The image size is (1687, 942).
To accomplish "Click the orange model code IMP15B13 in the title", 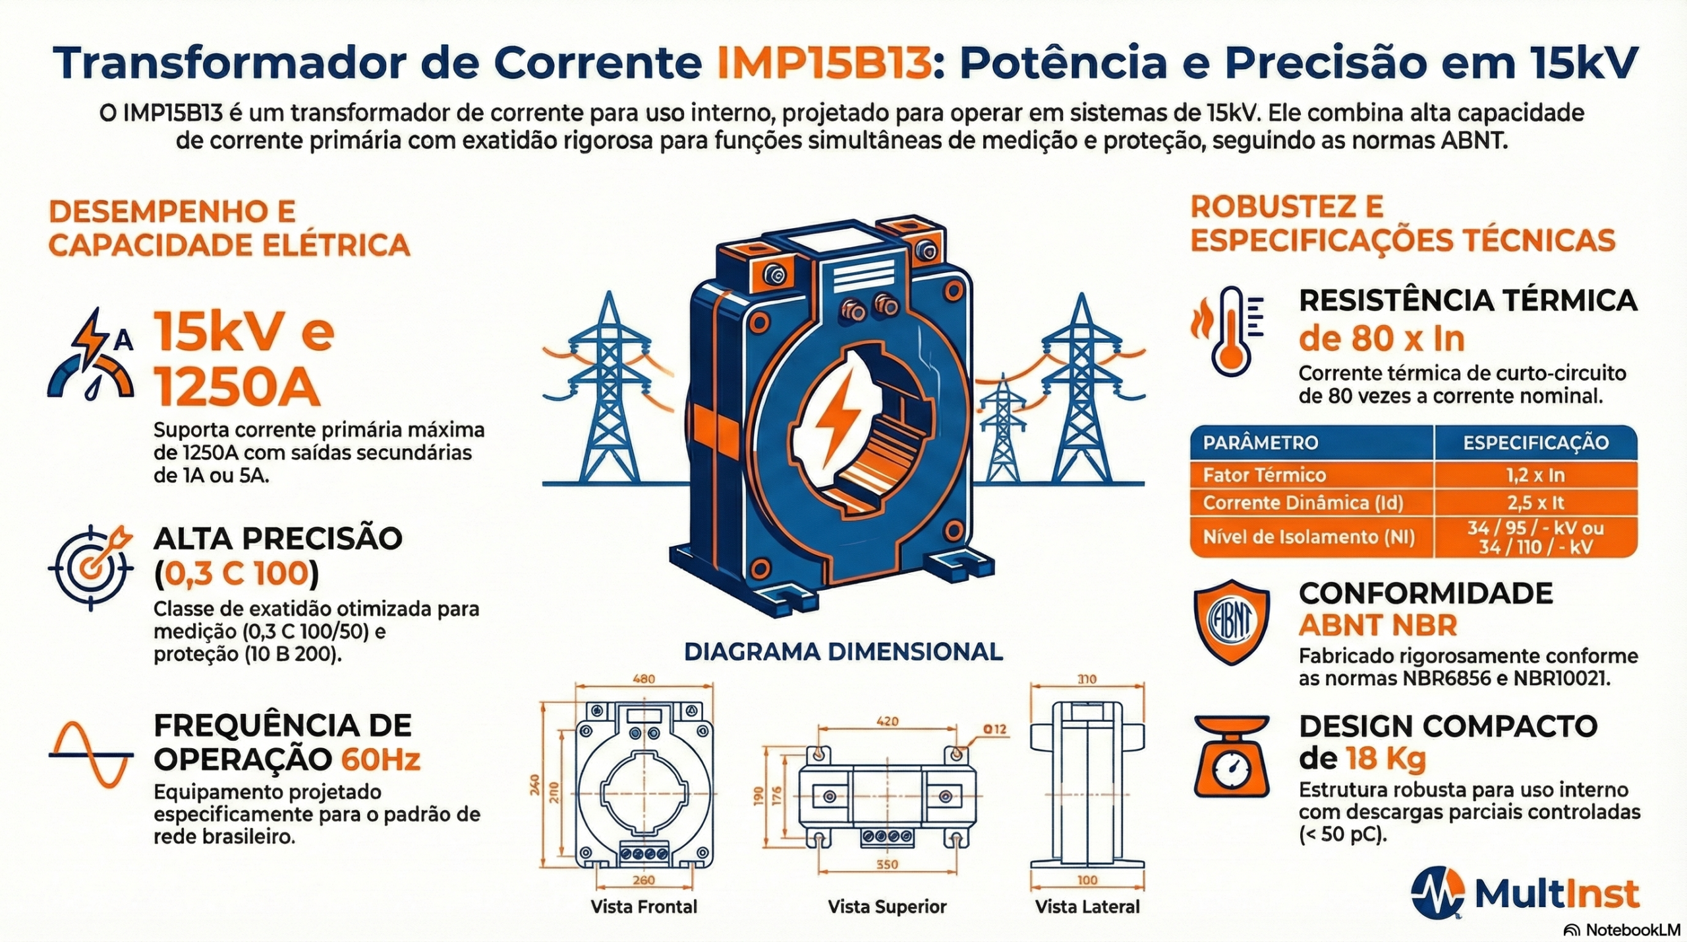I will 824,63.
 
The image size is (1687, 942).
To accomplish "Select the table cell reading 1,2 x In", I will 1535,475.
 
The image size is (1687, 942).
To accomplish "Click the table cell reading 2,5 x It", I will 1535,503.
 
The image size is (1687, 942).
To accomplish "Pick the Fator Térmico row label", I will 1264,475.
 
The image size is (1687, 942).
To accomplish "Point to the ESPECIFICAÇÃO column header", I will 1535,442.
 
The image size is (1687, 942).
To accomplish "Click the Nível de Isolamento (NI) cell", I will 1309,537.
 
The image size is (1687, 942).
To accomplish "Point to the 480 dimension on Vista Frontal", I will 643,680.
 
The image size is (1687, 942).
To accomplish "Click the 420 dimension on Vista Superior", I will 887,721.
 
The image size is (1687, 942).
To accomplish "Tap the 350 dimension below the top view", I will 887,864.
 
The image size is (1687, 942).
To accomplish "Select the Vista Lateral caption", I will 1087,906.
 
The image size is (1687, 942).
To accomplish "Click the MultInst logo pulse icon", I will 1438,892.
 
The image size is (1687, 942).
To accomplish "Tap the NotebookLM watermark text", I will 1631,929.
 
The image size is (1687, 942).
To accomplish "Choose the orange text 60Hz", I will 380,760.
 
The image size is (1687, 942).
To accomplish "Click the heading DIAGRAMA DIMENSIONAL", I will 843,652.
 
